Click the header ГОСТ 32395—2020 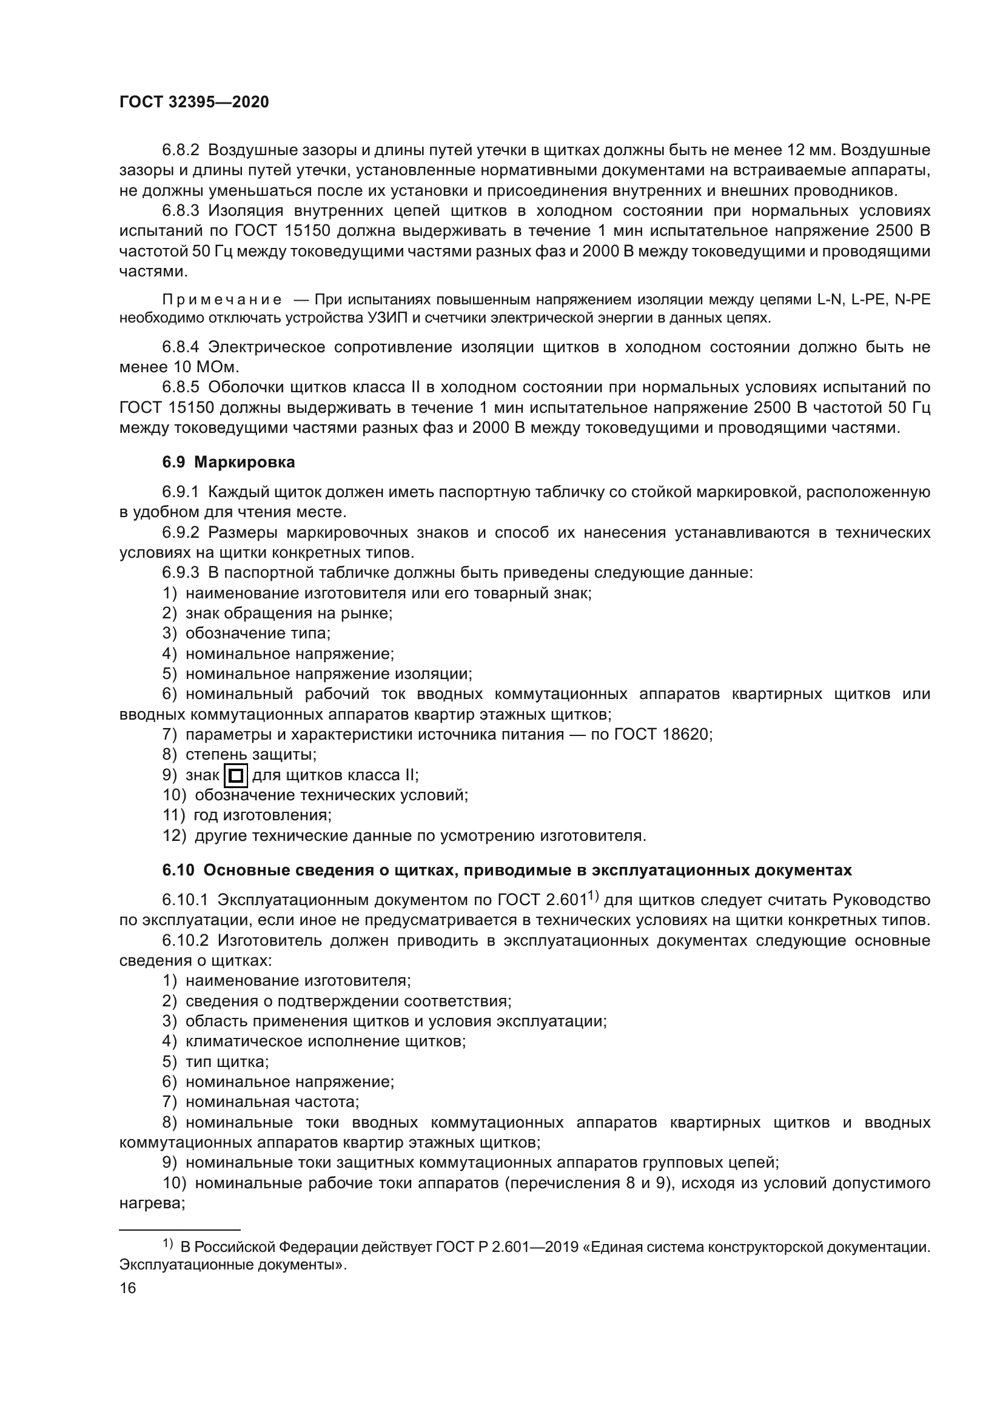tap(194, 102)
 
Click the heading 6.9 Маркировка tap(229, 462)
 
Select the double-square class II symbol tap(236, 776)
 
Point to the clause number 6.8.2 tap(181, 150)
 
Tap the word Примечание tap(222, 300)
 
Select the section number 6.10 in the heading tap(178, 870)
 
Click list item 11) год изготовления tap(247, 815)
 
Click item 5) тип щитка tap(215, 1062)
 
